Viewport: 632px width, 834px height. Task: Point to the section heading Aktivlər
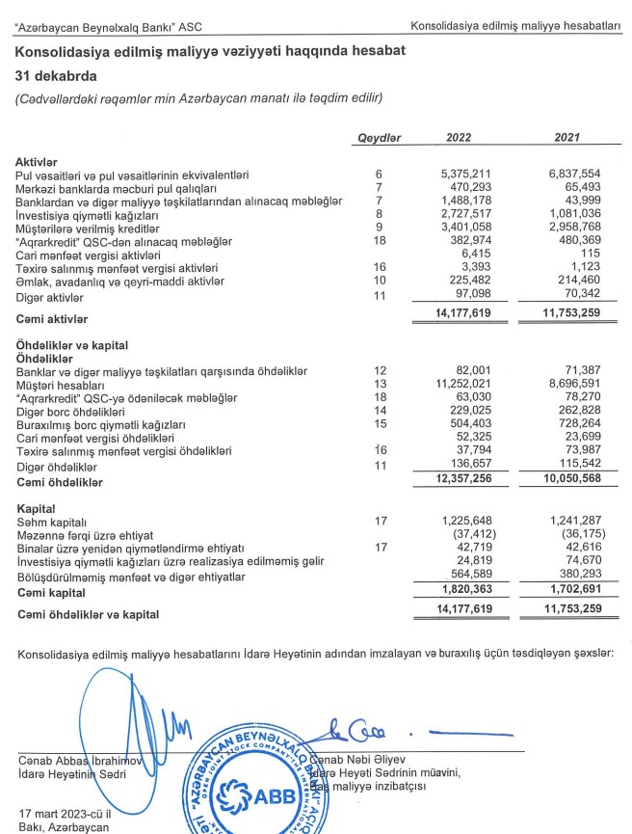(x=38, y=162)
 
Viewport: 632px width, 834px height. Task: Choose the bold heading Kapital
(x=36, y=508)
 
